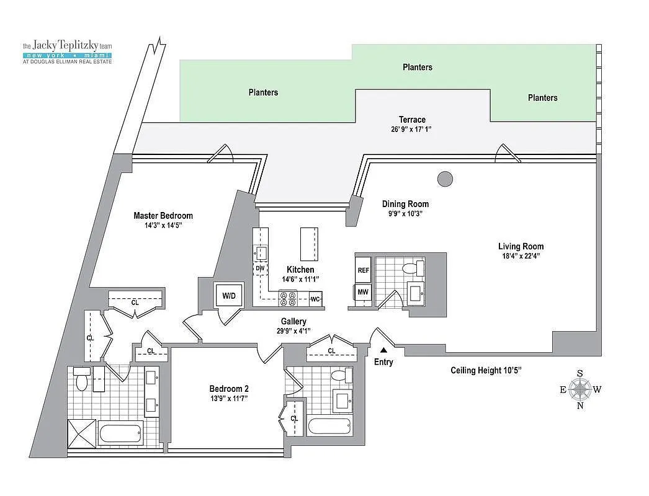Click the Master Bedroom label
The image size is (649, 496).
click(163, 216)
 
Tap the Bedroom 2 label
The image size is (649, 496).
click(229, 389)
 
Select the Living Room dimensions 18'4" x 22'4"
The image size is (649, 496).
click(521, 257)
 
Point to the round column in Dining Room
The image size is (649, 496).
click(444, 179)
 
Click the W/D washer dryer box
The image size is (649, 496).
click(229, 295)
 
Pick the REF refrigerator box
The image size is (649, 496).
click(364, 270)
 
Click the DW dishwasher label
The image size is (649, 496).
click(260, 268)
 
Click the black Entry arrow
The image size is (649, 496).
click(383, 351)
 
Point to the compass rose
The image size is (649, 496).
click(580, 389)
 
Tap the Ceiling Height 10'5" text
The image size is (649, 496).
click(486, 371)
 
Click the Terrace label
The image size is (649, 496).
click(412, 120)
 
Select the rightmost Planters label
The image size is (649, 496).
click(542, 97)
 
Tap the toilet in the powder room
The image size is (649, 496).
click(410, 269)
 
